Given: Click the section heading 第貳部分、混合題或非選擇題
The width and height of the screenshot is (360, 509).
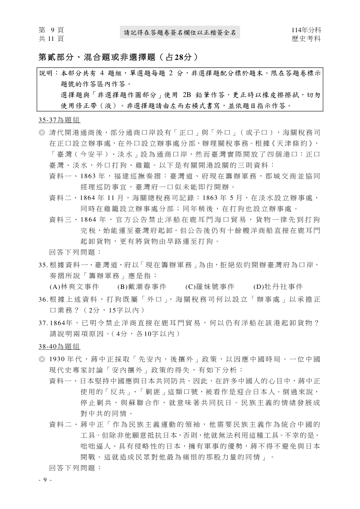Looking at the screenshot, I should pyautogui.click(x=118, y=57).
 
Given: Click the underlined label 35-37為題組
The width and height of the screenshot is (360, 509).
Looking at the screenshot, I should pyautogui.click(x=59, y=120).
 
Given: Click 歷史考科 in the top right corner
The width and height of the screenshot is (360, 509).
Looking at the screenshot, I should pyautogui.click(x=306, y=38).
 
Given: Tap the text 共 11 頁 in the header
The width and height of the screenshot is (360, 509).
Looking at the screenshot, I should pyautogui.click(x=51, y=38).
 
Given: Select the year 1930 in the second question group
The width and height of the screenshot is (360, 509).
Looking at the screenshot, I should pyautogui.click(x=58, y=359).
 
